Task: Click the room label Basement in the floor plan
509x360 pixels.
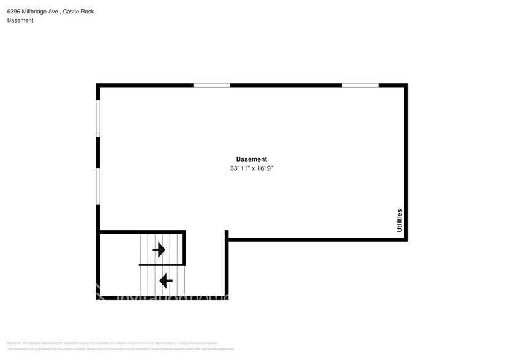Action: click(251, 159)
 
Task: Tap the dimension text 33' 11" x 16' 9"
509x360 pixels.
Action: click(251, 168)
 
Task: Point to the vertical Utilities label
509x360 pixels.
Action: click(399, 220)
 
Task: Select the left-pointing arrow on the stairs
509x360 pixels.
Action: click(165, 280)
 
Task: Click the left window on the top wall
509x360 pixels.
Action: click(211, 85)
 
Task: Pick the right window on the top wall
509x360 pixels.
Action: click(360, 85)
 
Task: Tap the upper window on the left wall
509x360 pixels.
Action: click(98, 118)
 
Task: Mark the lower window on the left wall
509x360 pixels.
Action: click(98, 186)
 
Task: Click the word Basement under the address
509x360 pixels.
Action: click(20, 20)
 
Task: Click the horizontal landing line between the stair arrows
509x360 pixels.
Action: click(162, 264)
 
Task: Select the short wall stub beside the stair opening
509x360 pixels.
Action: click(227, 234)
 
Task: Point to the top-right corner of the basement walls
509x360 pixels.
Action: click(405, 86)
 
